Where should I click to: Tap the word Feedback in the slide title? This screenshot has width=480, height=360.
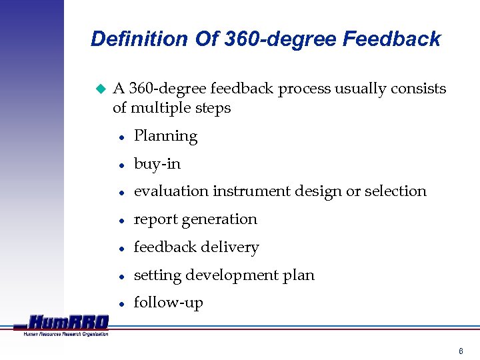click(391, 39)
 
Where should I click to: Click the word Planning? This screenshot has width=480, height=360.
click(165, 136)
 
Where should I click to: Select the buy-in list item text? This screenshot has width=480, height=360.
click(157, 164)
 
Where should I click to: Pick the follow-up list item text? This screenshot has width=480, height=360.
click(168, 303)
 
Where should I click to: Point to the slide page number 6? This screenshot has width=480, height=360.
click(461, 351)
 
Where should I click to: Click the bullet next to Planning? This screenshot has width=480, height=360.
click(121, 137)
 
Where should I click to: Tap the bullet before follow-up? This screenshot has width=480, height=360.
click(121, 303)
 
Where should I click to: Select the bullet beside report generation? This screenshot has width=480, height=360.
click(121, 220)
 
